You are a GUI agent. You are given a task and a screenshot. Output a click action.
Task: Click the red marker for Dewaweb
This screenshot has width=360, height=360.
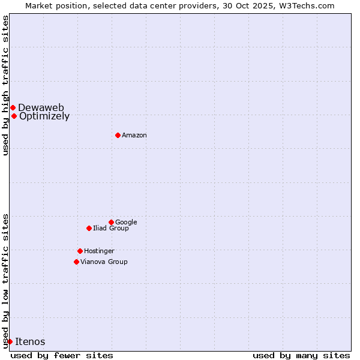13,107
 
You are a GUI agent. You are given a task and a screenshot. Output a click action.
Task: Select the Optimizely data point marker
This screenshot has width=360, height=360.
14,116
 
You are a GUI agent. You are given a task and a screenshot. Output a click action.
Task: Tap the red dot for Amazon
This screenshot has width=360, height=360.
118,135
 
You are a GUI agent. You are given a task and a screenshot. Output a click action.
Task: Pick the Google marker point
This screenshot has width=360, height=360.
111,222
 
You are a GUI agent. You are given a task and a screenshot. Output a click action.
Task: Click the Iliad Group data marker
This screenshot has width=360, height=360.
89,228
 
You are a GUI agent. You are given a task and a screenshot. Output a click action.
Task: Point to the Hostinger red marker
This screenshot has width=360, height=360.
80,251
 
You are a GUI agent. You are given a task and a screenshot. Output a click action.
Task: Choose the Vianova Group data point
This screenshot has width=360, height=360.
76,262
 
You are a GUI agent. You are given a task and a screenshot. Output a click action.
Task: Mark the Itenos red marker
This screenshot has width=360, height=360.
10,341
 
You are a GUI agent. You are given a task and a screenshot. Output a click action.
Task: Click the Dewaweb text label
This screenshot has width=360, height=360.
41,107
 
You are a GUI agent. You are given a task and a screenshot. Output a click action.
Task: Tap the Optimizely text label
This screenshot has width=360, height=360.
44,116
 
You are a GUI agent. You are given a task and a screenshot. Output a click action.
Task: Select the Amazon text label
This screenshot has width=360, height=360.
134,136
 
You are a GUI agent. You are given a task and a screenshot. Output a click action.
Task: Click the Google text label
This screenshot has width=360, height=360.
126,223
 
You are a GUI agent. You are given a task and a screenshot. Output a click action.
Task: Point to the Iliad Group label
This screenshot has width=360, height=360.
111,229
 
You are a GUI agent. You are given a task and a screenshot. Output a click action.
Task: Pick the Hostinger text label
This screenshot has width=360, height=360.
99,251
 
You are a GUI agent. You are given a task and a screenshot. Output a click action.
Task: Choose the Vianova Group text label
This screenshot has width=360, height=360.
104,262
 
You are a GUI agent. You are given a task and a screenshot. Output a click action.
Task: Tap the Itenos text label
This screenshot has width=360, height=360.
30,342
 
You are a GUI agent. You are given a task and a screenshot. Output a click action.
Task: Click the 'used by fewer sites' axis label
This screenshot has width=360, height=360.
62,355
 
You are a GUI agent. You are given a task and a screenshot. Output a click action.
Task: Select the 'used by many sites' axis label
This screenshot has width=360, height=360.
301,355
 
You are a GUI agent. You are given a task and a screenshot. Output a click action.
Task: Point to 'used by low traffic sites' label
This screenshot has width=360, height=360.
5,280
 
